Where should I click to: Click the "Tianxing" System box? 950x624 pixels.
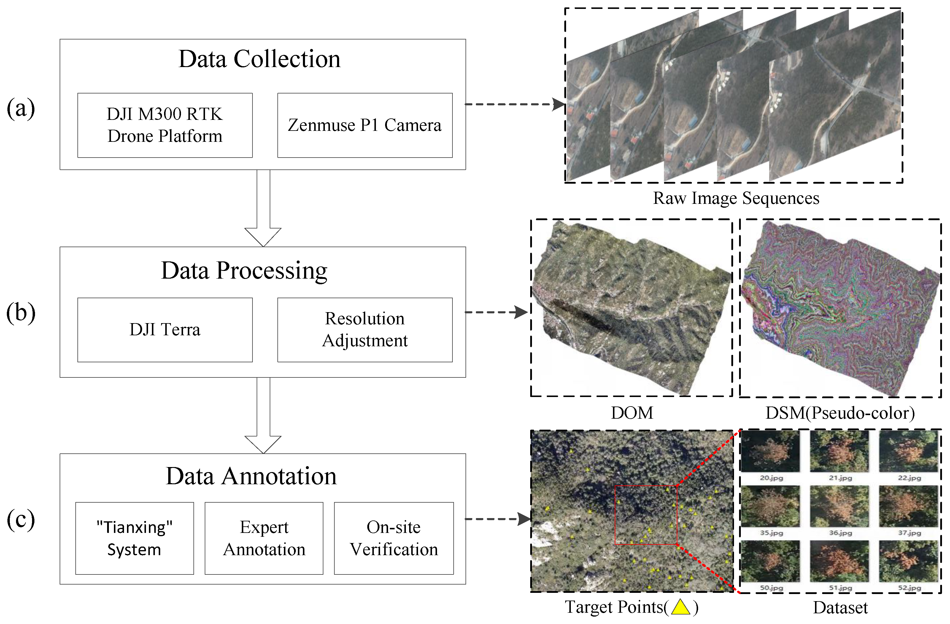[134, 538]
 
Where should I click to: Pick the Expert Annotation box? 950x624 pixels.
[264, 538]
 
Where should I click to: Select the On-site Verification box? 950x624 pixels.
[394, 538]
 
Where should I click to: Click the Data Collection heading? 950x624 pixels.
[259, 59]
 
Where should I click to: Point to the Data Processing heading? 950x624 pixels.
[244, 271]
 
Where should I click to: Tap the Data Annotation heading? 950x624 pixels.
[251, 476]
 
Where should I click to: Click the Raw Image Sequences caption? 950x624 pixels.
[736, 198]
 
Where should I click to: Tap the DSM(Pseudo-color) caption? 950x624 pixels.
[840, 413]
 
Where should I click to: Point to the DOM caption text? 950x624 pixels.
[632, 413]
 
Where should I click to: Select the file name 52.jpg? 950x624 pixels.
[909, 588]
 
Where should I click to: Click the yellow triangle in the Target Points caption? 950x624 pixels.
[681, 607]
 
